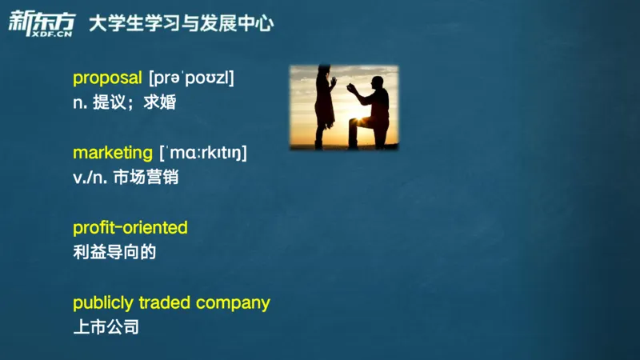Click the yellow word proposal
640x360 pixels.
point(107,78)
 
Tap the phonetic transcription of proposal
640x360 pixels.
point(191,78)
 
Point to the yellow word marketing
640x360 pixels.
point(112,152)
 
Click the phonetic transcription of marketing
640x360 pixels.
point(202,153)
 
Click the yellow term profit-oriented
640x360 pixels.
point(130,227)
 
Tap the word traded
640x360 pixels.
point(165,302)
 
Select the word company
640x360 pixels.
point(233,303)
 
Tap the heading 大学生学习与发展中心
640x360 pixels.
point(181,24)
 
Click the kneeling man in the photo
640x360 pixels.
point(373,112)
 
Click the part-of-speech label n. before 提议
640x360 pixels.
point(80,102)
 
